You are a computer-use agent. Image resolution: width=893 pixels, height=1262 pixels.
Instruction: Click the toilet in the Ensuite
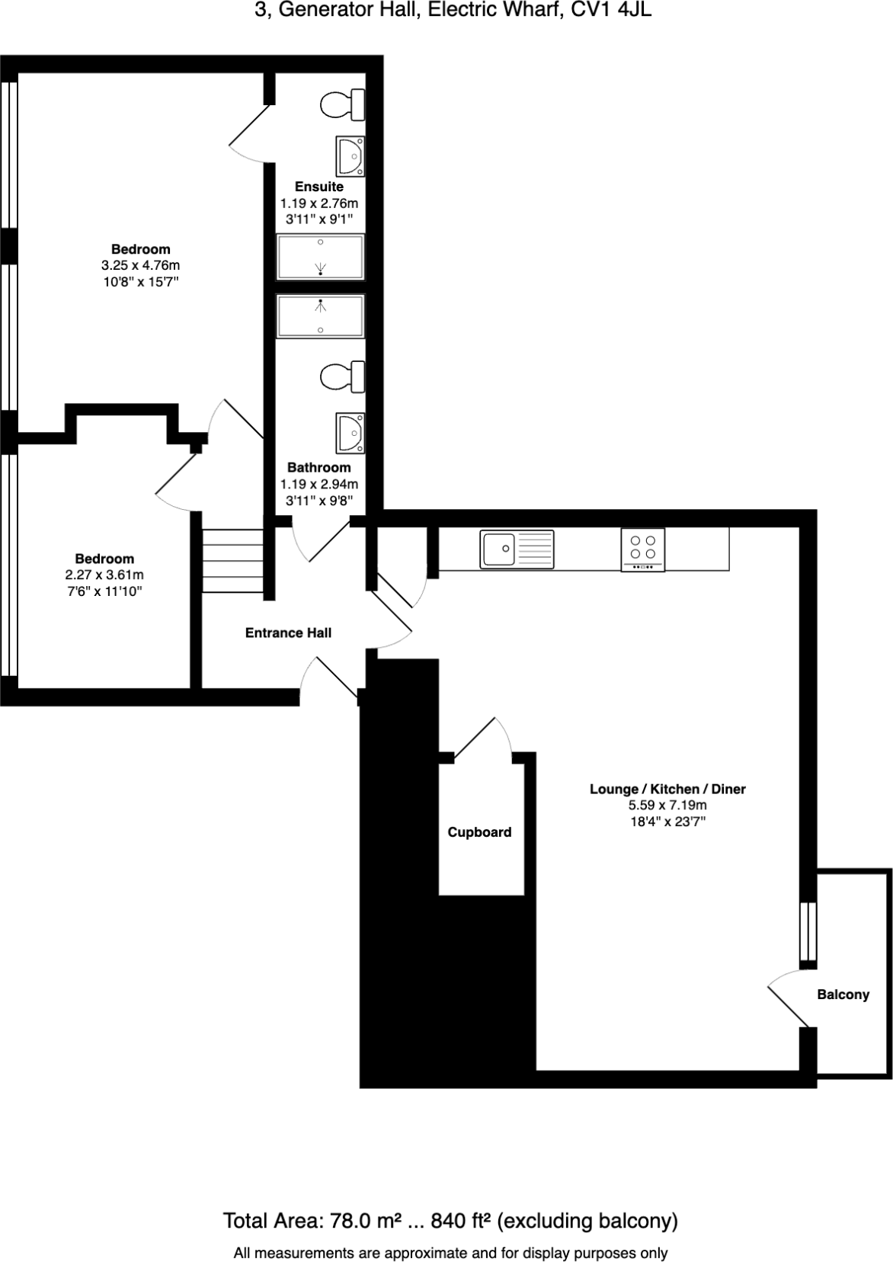(342, 104)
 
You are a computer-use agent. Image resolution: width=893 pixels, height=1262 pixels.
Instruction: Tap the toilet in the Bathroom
(342, 377)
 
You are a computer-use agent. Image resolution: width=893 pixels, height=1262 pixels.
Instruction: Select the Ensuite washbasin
(350, 156)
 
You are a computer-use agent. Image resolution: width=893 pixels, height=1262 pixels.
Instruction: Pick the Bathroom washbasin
(350, 432)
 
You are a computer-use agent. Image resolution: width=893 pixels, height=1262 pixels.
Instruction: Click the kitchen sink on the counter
(517, 549)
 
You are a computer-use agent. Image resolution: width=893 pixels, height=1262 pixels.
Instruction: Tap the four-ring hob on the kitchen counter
(643, 549)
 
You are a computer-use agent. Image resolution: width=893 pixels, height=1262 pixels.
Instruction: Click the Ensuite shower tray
(320, 257)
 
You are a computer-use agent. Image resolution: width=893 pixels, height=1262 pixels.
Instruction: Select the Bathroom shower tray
(320, 316)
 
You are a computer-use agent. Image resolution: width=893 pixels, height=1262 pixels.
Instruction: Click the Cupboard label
(479, 832)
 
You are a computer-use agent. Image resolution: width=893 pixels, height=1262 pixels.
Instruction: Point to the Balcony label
(843, 995)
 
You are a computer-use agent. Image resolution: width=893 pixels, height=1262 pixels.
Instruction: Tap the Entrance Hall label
(288, 633)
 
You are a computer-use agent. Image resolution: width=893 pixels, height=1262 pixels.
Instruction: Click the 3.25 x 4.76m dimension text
(141, 265)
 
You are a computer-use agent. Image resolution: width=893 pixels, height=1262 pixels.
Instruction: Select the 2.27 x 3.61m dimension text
(104, 575)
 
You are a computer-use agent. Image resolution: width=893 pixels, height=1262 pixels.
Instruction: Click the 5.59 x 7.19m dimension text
(667, 805)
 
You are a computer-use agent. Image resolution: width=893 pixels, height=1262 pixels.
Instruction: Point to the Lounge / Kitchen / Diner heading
(667, 789)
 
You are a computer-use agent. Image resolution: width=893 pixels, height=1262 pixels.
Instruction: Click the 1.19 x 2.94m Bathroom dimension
(319, 484)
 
